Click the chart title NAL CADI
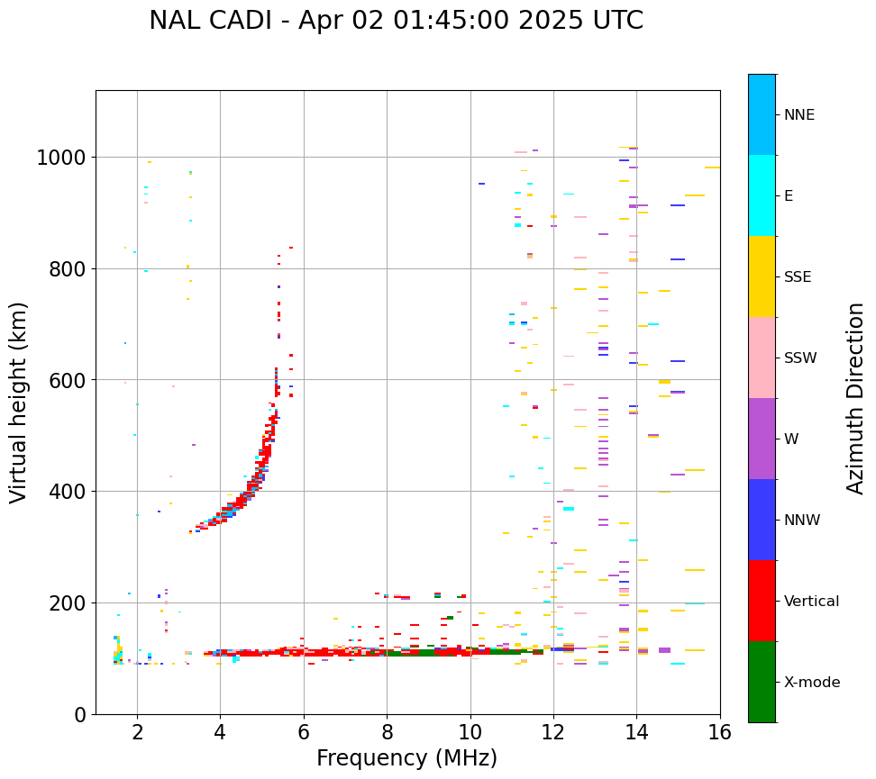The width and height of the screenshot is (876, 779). point(396,21)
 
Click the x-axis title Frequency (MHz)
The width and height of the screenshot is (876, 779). point(406,758)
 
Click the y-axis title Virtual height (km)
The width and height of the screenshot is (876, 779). point(19,403)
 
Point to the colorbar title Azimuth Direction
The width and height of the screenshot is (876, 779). point(855,398)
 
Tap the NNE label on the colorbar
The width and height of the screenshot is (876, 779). point(798,115)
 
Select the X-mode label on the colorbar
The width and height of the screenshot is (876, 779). point(811,683)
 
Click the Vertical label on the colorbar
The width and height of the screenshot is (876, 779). point(811,602)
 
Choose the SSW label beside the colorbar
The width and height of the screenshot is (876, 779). point(799,358)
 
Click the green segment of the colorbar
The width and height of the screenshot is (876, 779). point(762,682)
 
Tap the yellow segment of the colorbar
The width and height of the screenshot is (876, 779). point(762,276)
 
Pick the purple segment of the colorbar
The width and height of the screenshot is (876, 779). point(762,439)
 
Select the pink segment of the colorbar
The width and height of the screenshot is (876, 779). point(762,358)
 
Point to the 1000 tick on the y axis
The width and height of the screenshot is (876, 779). point(60,159)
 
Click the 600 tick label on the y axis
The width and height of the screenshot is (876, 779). point(66,381)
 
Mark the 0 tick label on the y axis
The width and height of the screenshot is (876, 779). point(80,714)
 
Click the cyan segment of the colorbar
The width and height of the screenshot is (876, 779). point(762,195)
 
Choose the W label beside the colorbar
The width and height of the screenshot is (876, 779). point(792,439)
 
